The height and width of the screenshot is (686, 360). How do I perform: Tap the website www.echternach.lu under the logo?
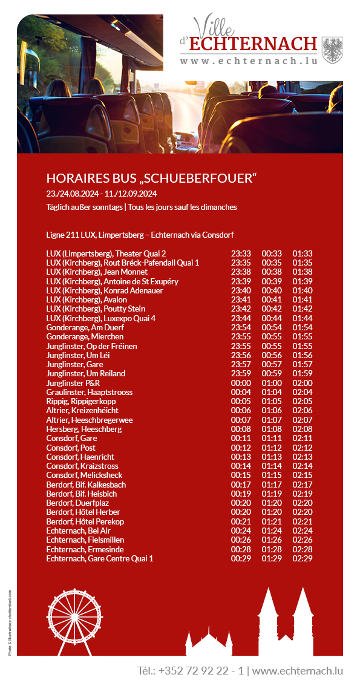[249, 61]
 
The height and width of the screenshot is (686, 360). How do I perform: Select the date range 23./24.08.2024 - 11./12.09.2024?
[102, 194]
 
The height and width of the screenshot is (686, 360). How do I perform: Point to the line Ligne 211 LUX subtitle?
[140, 235]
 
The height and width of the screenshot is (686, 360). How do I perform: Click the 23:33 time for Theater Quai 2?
[241, 253]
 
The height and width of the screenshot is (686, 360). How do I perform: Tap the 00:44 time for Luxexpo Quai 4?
[272, 318]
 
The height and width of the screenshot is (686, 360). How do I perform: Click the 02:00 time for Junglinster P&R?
[303, 383]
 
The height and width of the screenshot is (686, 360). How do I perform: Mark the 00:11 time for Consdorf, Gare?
[241, 438]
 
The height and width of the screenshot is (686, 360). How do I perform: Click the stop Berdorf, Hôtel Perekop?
[85, 521]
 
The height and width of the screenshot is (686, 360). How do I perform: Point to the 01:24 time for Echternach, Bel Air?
[272, 531]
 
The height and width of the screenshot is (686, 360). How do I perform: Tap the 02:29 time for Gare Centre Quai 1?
[303, 558]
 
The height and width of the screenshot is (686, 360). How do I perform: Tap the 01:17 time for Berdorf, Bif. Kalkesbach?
[272, 485]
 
